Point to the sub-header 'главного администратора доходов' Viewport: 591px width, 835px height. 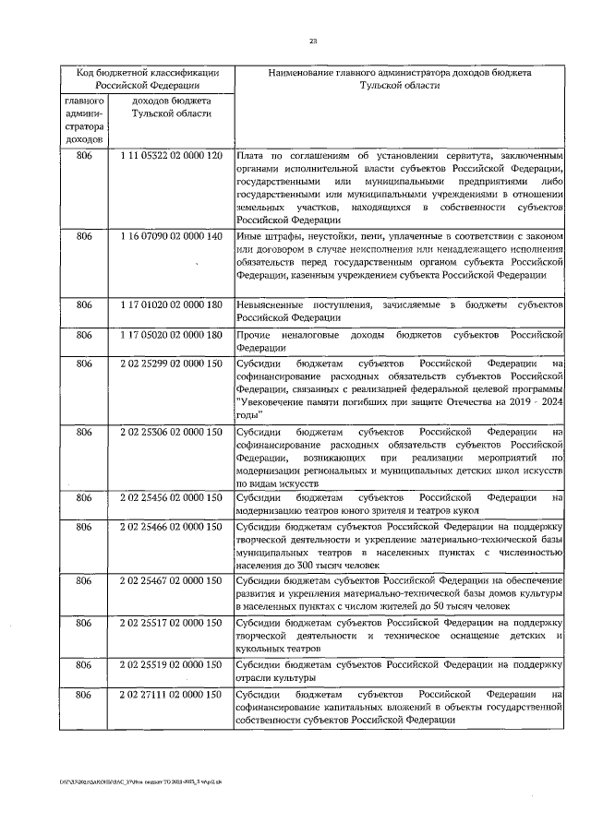(84, 119)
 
